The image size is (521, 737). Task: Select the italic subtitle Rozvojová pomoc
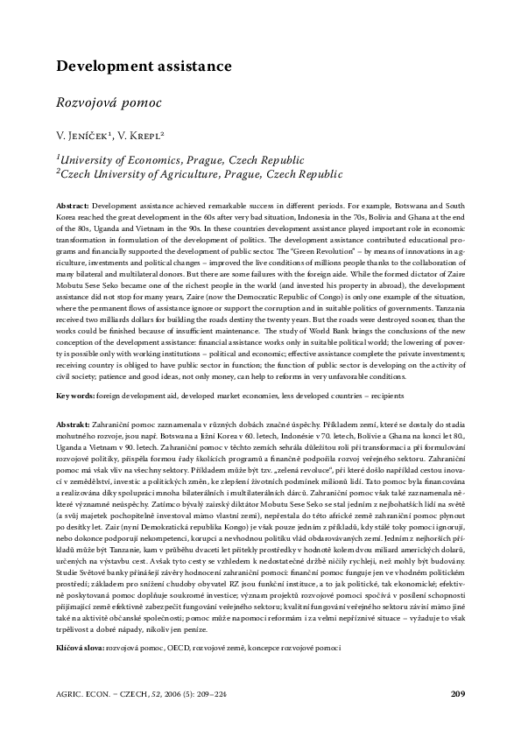point(109,102)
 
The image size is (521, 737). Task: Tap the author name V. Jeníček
point(87,136)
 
